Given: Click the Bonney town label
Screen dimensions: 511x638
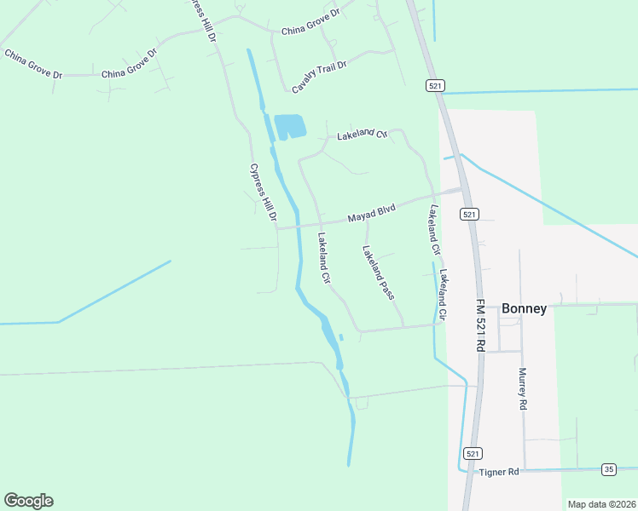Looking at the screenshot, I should [x=524, y=308].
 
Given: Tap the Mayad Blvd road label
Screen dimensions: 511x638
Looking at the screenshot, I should [x=372, y=214].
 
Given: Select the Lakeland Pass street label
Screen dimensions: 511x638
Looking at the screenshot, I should [x=378, y=273].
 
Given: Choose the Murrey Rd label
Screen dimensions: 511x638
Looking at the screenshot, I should [x=522, y=389].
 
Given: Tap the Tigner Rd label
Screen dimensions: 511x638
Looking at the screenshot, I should [x=500, y=472].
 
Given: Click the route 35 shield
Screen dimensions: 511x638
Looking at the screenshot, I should [x=608, y=469].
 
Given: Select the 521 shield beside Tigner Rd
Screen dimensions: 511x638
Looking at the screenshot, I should [x=474, y=453].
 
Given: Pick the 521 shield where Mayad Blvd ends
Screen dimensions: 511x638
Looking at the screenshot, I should [x=469, y=215].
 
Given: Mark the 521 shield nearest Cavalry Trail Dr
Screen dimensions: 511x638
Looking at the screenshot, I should [x=435, y=86].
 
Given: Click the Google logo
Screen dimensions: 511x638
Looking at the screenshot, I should [x=28, y=501].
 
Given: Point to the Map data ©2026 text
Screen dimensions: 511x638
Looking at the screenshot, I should [x=601, y=504].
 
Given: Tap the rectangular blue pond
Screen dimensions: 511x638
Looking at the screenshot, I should [x=290, y=127].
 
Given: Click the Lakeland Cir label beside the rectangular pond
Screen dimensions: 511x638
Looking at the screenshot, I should [x=362, y=135].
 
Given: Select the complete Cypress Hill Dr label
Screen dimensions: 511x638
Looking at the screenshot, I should [x=264, y=193].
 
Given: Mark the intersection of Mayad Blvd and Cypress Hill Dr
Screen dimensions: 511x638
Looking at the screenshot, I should [x=278, y=227].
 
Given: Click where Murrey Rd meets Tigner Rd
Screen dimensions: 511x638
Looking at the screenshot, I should [x=524, y=469].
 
